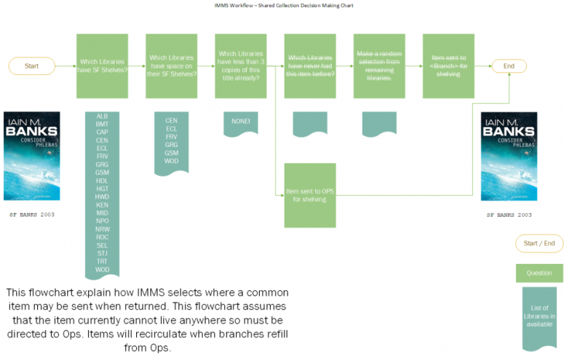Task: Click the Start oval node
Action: click(x=32, y=66)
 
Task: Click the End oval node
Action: click(x=509, y=66)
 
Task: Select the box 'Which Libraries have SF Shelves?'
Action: click(x=102, y=66)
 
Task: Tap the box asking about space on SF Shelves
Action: click(x=172, y=66)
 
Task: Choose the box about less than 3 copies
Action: click(x=241, y=66)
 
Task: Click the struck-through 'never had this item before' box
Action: click(x=311, y=66)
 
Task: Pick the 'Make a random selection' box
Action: click(x=379, y=66)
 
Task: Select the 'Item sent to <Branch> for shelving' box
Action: click(x=449, y=66)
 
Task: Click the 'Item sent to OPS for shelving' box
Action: click(x=311, y=195)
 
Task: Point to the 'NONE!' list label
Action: click(x=241, y=121)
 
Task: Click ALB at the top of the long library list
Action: click(x=102, y=116)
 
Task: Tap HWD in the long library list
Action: click(x=102, y=197)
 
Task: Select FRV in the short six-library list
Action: click(x=172, y=137)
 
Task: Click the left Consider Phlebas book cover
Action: click(x=32, y=156)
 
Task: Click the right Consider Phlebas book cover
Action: click(x=509, y=156)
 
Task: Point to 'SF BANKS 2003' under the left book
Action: click(x=32, y=215)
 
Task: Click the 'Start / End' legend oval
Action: click(x=539, y=243)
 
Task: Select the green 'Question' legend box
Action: click(x=539, y=273)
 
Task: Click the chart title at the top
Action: click(x=282, y=5)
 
